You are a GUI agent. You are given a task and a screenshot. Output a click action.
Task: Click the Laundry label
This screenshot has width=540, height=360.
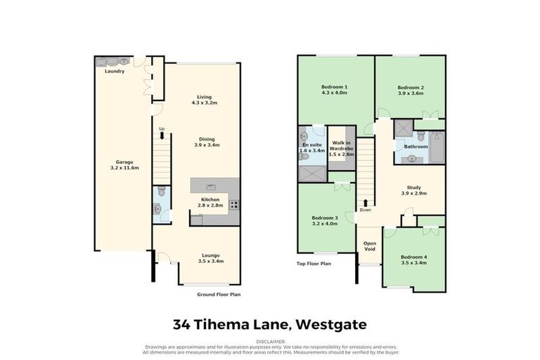[x=115, y=72]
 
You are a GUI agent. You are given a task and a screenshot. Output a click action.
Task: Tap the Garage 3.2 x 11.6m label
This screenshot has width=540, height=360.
[x=124, y=165]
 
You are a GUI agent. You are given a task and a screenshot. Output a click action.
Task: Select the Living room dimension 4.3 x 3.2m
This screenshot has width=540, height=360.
[x=204, y=103]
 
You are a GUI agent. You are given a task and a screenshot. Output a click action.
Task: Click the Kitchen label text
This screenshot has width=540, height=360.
[x=212, y=199]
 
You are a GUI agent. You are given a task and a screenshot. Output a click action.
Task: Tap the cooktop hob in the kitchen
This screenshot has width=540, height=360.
[x=234, y=205]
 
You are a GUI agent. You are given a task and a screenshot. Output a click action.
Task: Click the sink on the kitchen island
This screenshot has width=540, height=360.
[x=210, y=186]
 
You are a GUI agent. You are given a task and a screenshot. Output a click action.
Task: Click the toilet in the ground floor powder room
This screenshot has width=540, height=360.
[x=160, y=191]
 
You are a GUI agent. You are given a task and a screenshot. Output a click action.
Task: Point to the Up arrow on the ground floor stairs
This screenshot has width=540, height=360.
[x=162, y=129]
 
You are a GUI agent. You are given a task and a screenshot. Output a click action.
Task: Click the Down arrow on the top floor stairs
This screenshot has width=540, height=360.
[x=366, y=203]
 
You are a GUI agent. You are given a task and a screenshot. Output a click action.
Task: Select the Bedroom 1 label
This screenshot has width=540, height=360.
[x=335, y=86]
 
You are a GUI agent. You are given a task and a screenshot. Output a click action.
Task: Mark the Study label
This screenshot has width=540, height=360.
[x=411, y=187]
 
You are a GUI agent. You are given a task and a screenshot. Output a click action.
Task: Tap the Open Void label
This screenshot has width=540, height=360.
[x=369, y=246]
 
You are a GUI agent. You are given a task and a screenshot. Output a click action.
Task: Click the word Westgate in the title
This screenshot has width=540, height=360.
[x=330, y=324]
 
